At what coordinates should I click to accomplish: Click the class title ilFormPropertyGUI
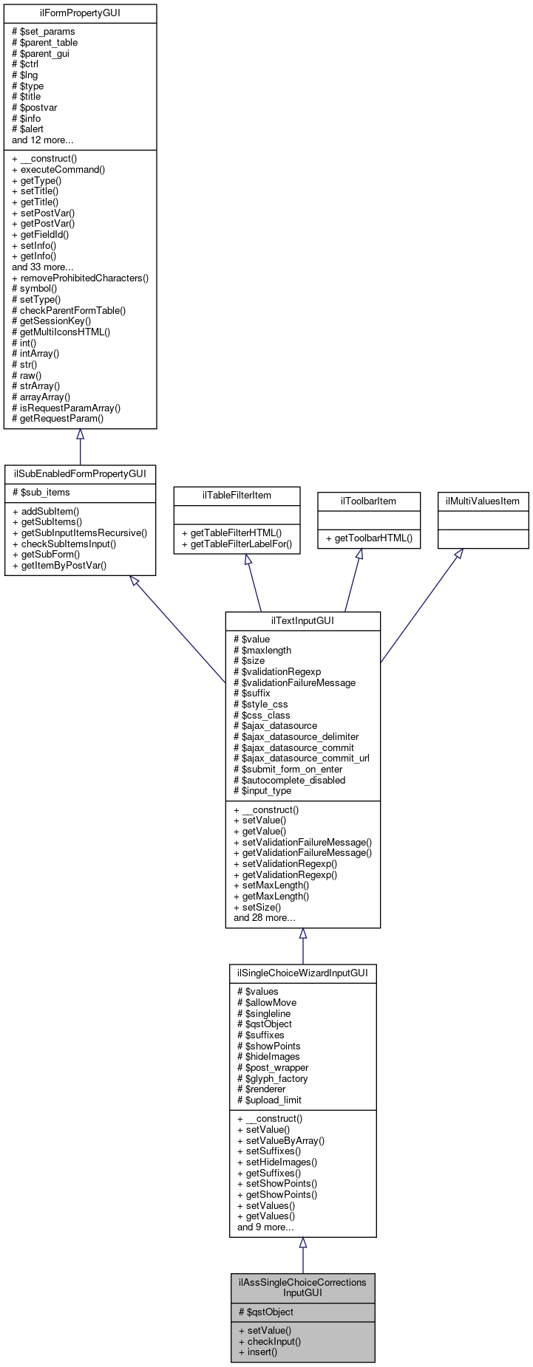[x=80, y=13]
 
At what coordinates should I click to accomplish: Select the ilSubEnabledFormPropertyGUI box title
[x=80, y=474]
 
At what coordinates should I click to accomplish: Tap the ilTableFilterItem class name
[x=237, y=496]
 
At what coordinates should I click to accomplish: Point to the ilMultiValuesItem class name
[x=483, y=501]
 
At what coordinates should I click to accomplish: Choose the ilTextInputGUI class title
[x=302, y=621]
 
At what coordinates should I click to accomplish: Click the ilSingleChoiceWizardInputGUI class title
[x=302, y=973]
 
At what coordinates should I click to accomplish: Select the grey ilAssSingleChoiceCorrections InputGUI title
[x=302, y=1287]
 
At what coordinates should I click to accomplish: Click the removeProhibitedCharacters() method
[x=81, y=278]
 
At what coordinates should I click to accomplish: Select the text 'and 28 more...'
[x=264, y=918]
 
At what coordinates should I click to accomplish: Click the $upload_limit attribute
[x=269, y=1100]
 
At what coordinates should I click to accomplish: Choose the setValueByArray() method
[x=281, y=1140]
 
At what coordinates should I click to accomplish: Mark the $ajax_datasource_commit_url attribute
[x=301, y=758]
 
